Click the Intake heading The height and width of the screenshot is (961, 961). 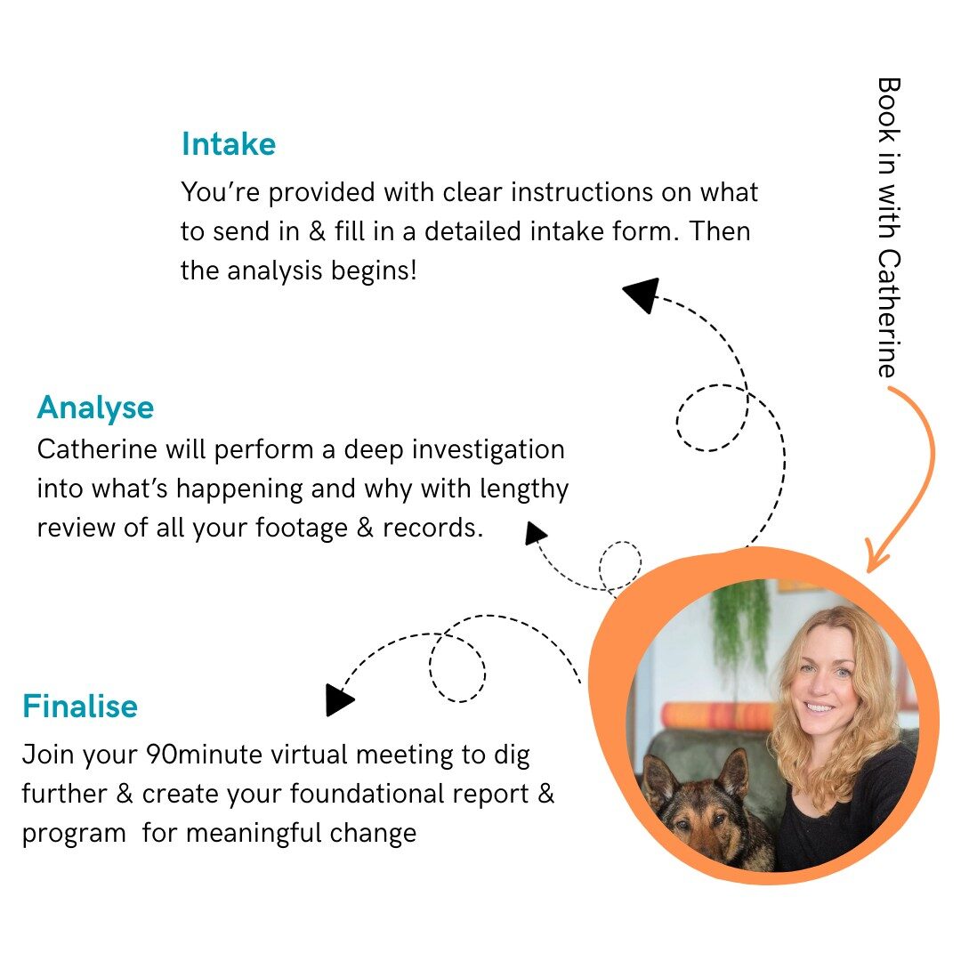point(229,144)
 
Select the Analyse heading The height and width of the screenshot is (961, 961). point(95,408)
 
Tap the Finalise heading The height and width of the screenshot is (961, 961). point(80,707)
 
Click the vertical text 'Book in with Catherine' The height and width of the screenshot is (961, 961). point(889,227)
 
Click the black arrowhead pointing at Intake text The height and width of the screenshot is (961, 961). point(641,295)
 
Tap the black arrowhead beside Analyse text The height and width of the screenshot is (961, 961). point(535,533)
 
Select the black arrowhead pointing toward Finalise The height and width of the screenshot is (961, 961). point(339,699)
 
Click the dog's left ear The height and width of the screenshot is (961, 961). point(659,774)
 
